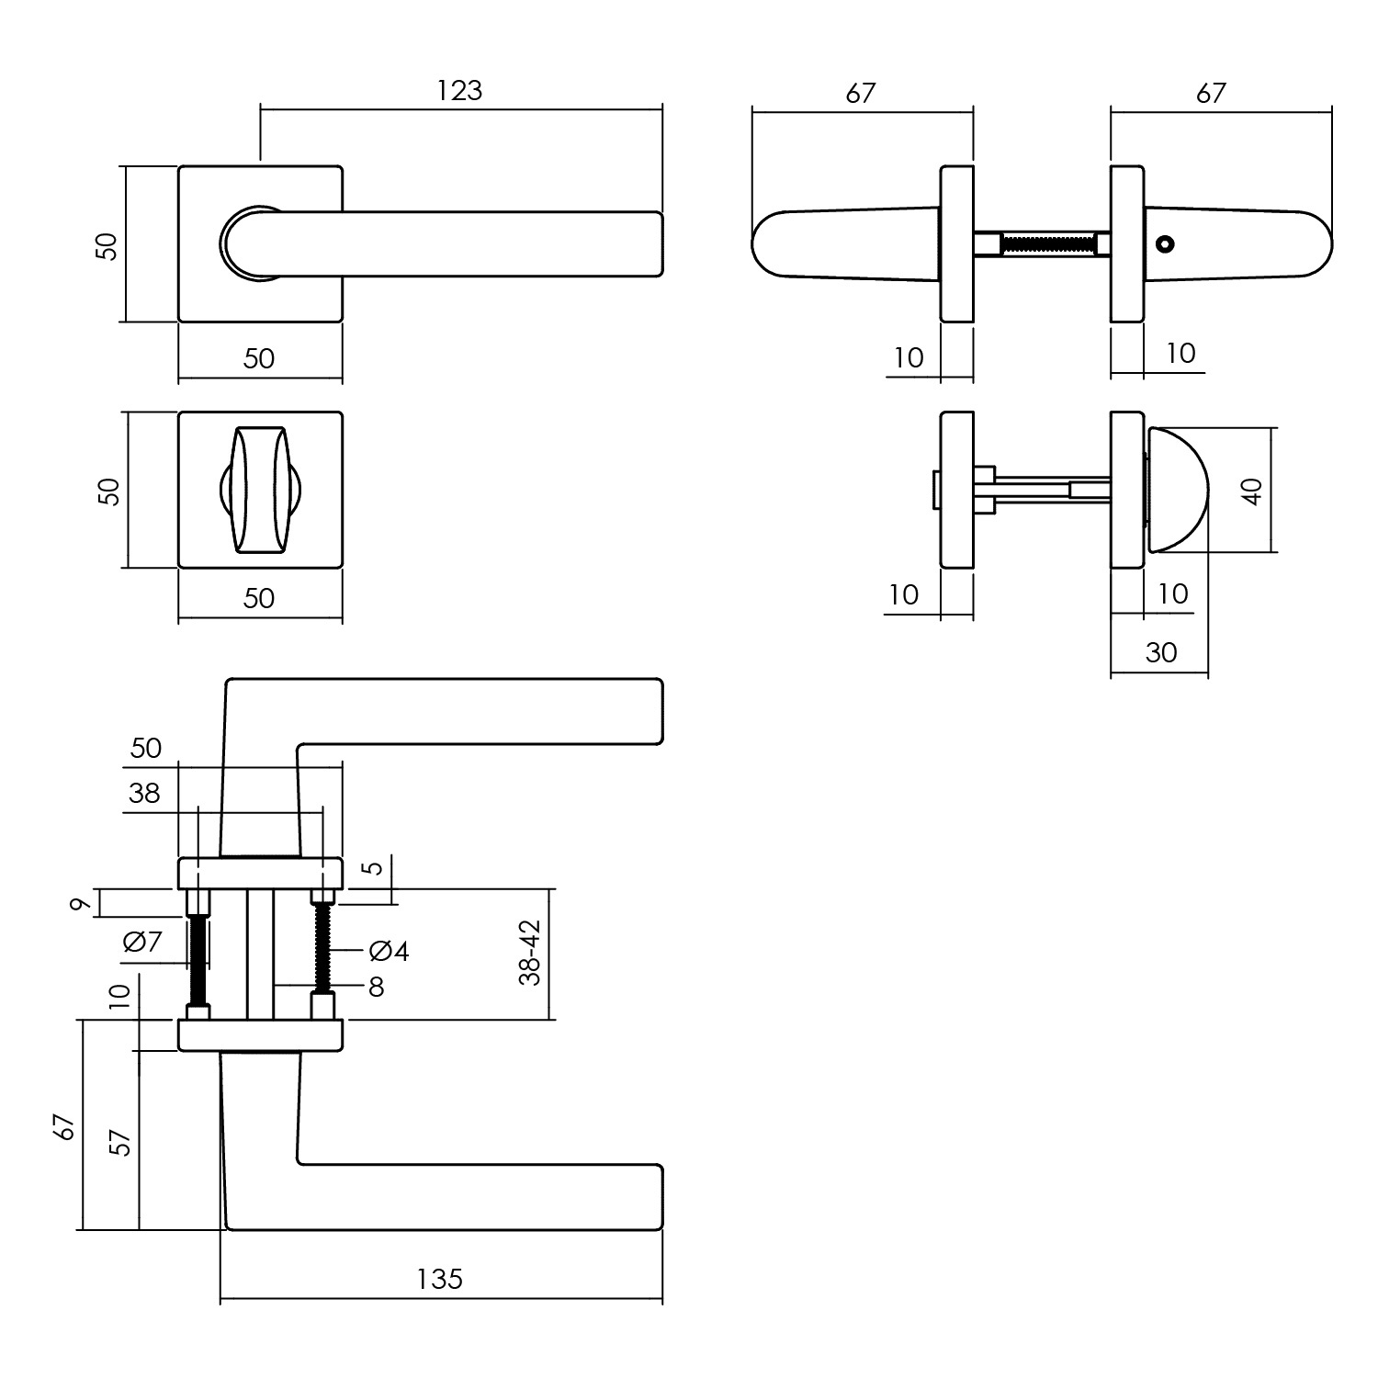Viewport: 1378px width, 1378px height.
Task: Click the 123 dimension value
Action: (459, 90)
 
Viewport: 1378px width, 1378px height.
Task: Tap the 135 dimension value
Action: (440, 1279)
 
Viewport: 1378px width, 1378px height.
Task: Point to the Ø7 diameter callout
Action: (141, 942)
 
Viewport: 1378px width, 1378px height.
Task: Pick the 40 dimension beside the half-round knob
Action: (1252, 490)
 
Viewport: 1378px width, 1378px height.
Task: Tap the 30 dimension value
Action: (1161, 652)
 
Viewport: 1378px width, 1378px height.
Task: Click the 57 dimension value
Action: (120, 1142)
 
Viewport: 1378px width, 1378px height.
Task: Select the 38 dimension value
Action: (144, 793)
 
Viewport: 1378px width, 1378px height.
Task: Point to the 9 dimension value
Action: (81, 906)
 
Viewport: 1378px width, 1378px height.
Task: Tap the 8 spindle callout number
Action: (376, 988)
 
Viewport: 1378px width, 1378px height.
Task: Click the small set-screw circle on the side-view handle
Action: (1166, 245)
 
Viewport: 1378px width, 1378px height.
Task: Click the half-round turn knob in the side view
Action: (1176, 490)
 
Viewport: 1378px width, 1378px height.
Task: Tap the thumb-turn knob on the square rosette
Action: (259, 490)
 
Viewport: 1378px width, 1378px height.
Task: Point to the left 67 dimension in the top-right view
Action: (861, 93)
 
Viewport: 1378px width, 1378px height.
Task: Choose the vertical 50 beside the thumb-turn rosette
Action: (109, 491)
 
